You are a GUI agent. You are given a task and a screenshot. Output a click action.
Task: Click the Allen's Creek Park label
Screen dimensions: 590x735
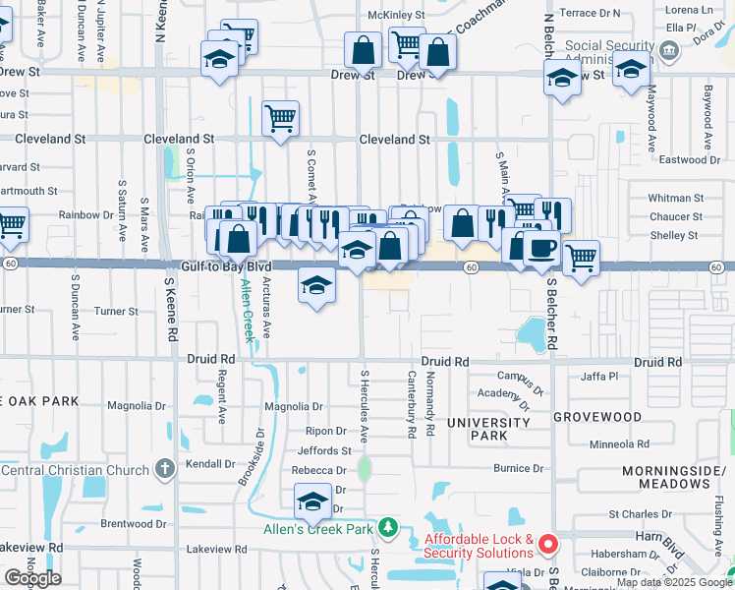pyautogui.click(x=319, y=529)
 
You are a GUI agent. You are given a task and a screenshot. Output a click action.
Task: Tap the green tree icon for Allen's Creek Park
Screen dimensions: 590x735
pyautogui.click(x=388, y=528)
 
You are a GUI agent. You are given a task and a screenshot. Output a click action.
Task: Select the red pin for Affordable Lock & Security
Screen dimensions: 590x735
pyautogui.click(x=547, y=542)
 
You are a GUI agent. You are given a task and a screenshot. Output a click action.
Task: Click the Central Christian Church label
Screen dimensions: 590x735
pyautogui.click(x=70, y=469)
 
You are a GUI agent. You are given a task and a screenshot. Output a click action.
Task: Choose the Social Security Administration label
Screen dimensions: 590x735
pyautogui.click(x=610, y=52)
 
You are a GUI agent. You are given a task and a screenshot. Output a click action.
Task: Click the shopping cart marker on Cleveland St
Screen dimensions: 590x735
pyautogui.click(x=280, y=119)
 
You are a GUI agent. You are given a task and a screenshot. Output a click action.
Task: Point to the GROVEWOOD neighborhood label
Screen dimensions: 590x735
pyautogui.click(x=596, y=417)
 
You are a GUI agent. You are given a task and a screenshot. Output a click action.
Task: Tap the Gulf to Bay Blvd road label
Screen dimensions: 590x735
pyautogui.click(x=227, y=266)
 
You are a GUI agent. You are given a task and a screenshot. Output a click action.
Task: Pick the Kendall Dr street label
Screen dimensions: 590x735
pyautogui.click(x=206, y=463)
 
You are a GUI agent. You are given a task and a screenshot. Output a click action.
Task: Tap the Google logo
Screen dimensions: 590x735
pyautogui.click(x=32, y=578)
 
